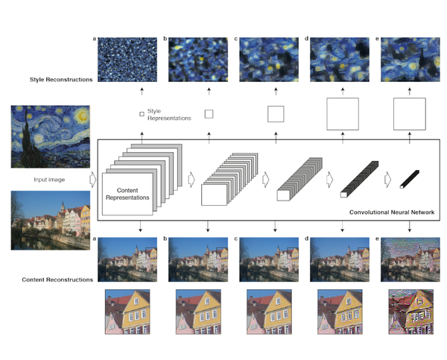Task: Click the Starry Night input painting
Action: click(51, 136)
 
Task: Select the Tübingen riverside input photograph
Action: click(51, 221)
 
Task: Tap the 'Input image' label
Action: click(49, 180)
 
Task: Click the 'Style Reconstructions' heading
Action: click(61, 80)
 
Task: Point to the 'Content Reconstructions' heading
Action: click(57, 280)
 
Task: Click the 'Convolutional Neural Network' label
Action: click(392, 212)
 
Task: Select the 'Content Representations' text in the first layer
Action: click(127, 194)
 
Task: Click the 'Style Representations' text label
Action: click(169, 114)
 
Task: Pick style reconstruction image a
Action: click(127, 60)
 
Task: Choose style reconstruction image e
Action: click(410, 60)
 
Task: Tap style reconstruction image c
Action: click(269, 60)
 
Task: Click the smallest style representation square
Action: click(142, 114)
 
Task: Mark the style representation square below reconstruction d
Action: click(343, 114)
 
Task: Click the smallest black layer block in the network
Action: click(410, 179)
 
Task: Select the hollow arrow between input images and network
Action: click(93, 180)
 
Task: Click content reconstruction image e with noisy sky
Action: click(410, 259)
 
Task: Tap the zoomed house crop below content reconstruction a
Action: click(127, 312)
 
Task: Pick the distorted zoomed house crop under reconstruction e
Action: click(410, 312)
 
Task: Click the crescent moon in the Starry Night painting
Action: click(82, 116)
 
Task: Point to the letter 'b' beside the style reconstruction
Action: click(165, 39)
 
